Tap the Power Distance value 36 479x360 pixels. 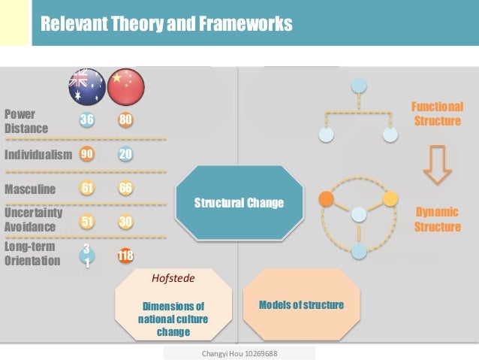[x=87, y=120]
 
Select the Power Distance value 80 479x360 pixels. [x=125, y=120]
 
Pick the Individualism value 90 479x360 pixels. [x=87, y=154]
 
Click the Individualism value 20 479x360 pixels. [x=125, y=154]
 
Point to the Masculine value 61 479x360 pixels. [x=87, y=188]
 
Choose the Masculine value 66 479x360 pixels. [x=125, y=188]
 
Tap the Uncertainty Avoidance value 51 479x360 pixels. [x=87, y=222]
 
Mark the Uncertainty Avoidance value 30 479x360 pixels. [x=125, y=222]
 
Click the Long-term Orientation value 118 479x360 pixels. [x=125, y=256]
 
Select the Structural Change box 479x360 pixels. [x=239, y=203]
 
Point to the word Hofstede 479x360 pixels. [x=173, y=278]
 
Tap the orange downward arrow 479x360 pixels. [x=438, y=166]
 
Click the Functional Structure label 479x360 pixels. [x=437, y=113]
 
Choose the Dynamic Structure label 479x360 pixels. [x=437, y=219]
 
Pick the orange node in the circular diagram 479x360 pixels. [x=326, y=199]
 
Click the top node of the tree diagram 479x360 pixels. [x=357, y=84]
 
